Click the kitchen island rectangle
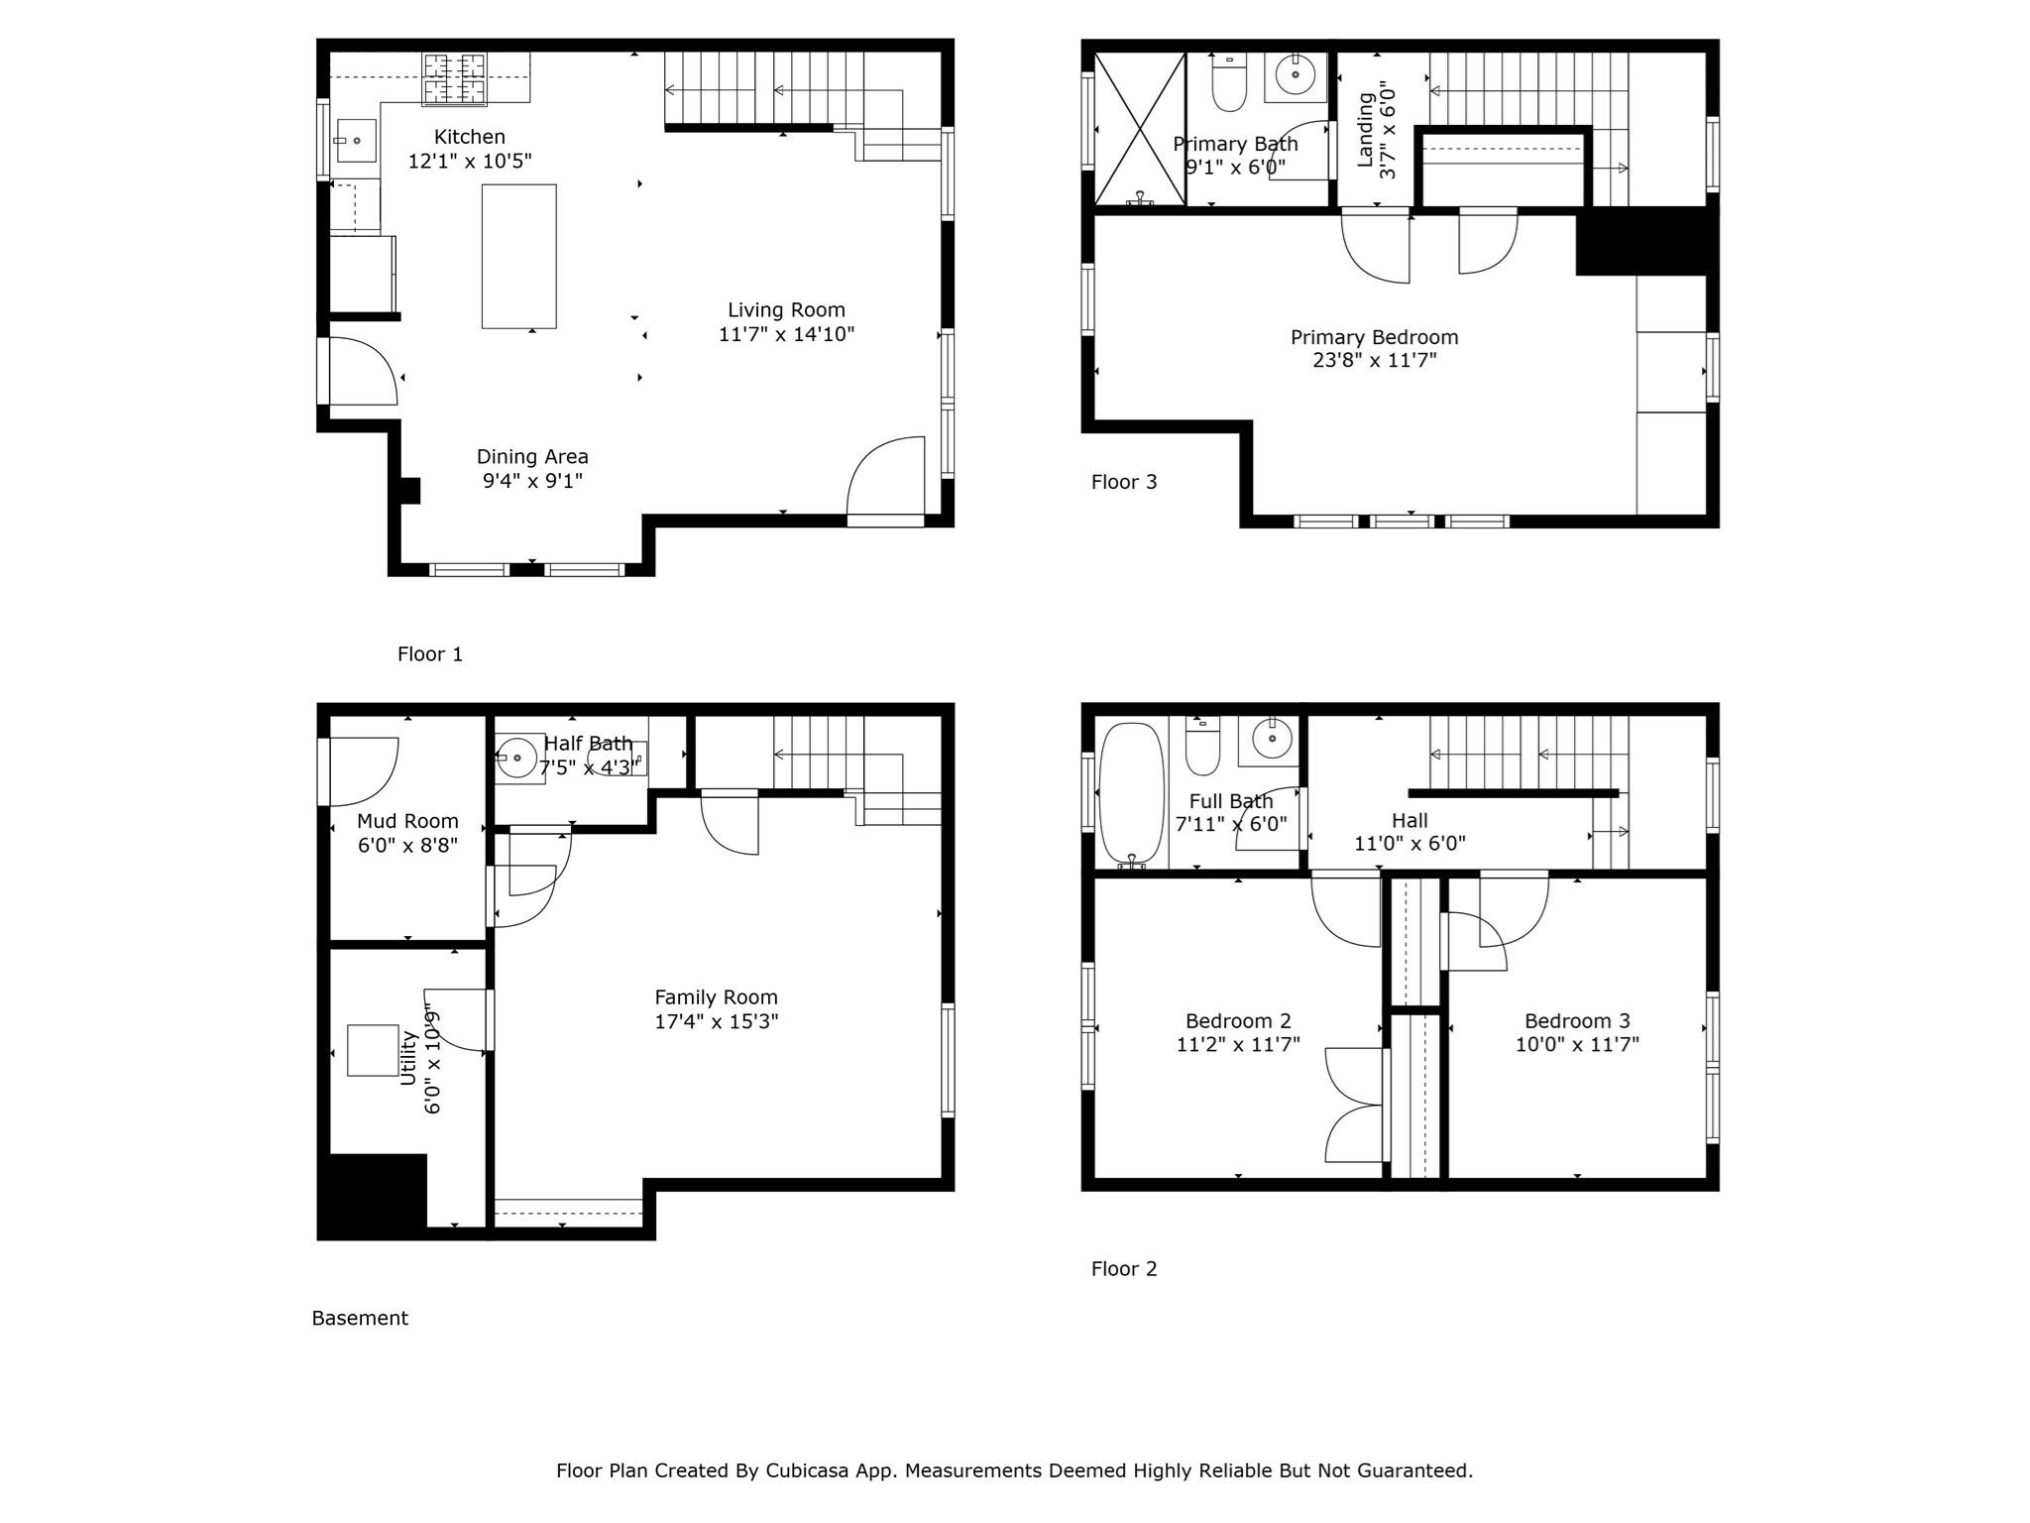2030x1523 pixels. point(518,256)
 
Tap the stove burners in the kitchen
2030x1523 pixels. point(456,79)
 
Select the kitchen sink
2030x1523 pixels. point(355,141)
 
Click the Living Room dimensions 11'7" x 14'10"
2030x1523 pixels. point(786,334)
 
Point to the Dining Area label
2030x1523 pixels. point(532,457)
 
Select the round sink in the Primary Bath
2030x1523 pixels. point(1295,74)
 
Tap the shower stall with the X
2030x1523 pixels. point(1140,129)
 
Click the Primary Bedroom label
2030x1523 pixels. point(1374,337)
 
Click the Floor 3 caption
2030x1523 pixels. point(1123,482)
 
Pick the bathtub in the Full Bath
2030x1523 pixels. point(1131,793)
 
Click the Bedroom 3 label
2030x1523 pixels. point(1576,1020)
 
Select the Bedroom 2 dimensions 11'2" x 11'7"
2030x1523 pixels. point(1237,1044)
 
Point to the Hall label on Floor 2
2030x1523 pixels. point(1409,820)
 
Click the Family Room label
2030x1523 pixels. point(716,997)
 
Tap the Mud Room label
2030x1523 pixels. point(407,821)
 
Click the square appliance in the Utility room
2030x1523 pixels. point(373,1050)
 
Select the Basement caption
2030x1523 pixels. point(360,1318)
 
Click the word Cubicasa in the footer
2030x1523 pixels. point(806,1470)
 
